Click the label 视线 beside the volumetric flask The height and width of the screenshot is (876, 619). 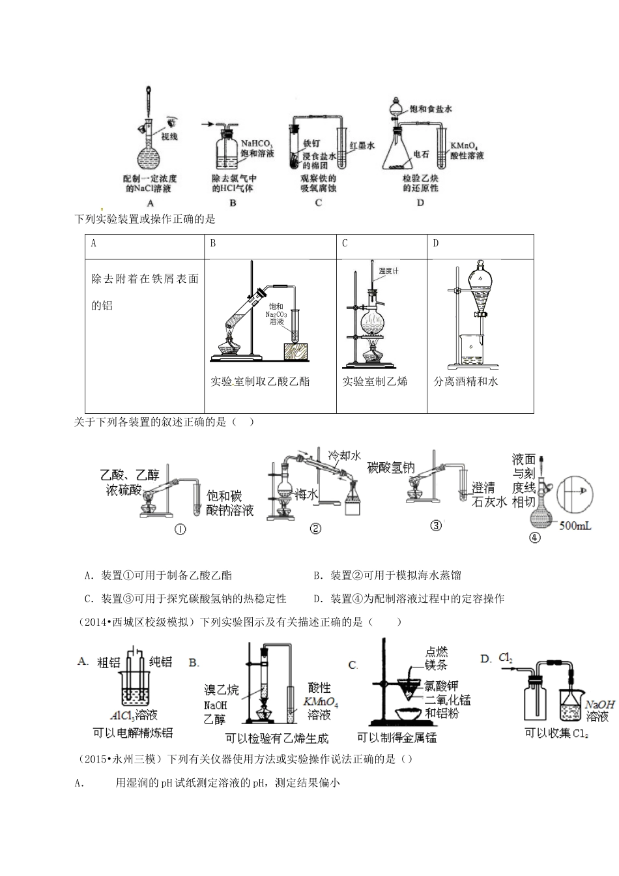169,137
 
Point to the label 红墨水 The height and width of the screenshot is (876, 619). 362,147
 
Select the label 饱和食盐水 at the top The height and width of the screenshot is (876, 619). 430,110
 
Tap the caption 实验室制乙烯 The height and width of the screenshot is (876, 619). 375,381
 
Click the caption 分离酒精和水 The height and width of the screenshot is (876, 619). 466,381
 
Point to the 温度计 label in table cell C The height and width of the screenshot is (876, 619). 389,269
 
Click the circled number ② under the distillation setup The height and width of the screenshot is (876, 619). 315,529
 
